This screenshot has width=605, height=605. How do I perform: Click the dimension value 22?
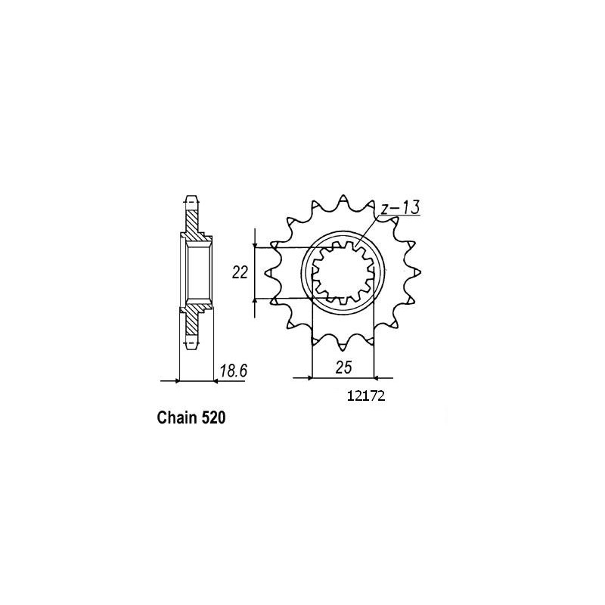[241, 273]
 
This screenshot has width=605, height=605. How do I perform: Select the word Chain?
[178, 417]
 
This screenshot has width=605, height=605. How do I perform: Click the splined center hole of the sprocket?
[344, 273]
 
